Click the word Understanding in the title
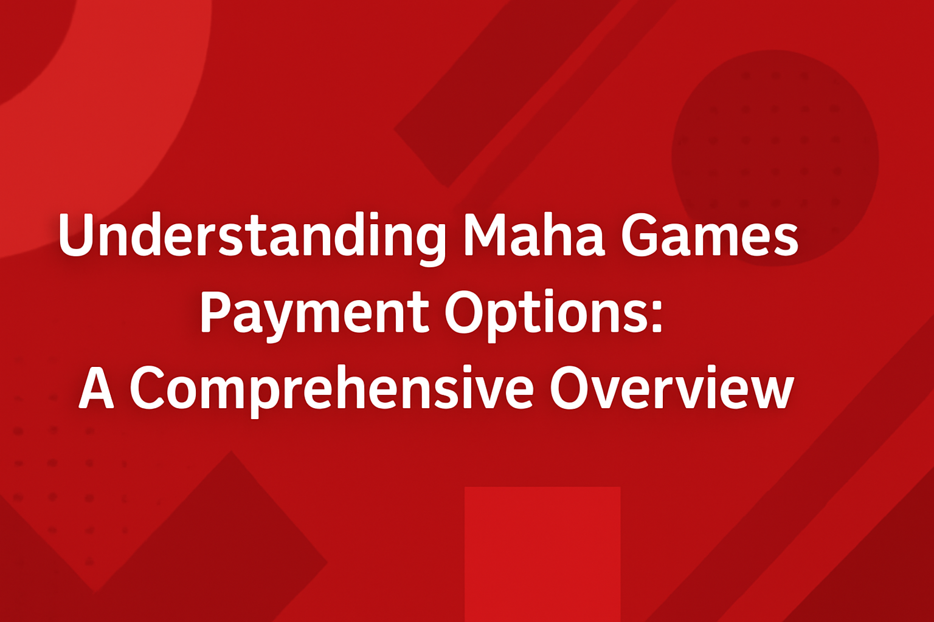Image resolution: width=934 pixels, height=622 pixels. click(x=252, y=236)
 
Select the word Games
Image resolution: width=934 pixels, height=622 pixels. click(x=709, y=236)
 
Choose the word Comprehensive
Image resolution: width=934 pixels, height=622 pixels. click(x=331, y=389)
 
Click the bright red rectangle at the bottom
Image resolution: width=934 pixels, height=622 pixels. click(x=542, y=553)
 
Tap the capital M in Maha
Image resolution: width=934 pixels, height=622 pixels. click(x=485, y=234)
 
